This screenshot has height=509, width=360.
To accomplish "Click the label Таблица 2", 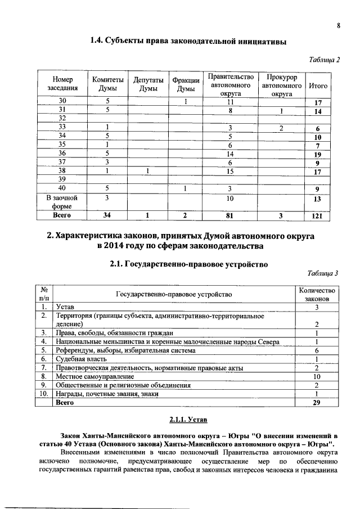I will pos(326,59).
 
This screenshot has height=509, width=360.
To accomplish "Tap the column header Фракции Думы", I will pos(186,85).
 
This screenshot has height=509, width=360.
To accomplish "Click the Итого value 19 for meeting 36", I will pos(318,154).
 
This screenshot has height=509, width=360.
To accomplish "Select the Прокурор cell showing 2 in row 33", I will pos(281,128).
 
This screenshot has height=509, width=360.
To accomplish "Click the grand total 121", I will pos(318,215).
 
